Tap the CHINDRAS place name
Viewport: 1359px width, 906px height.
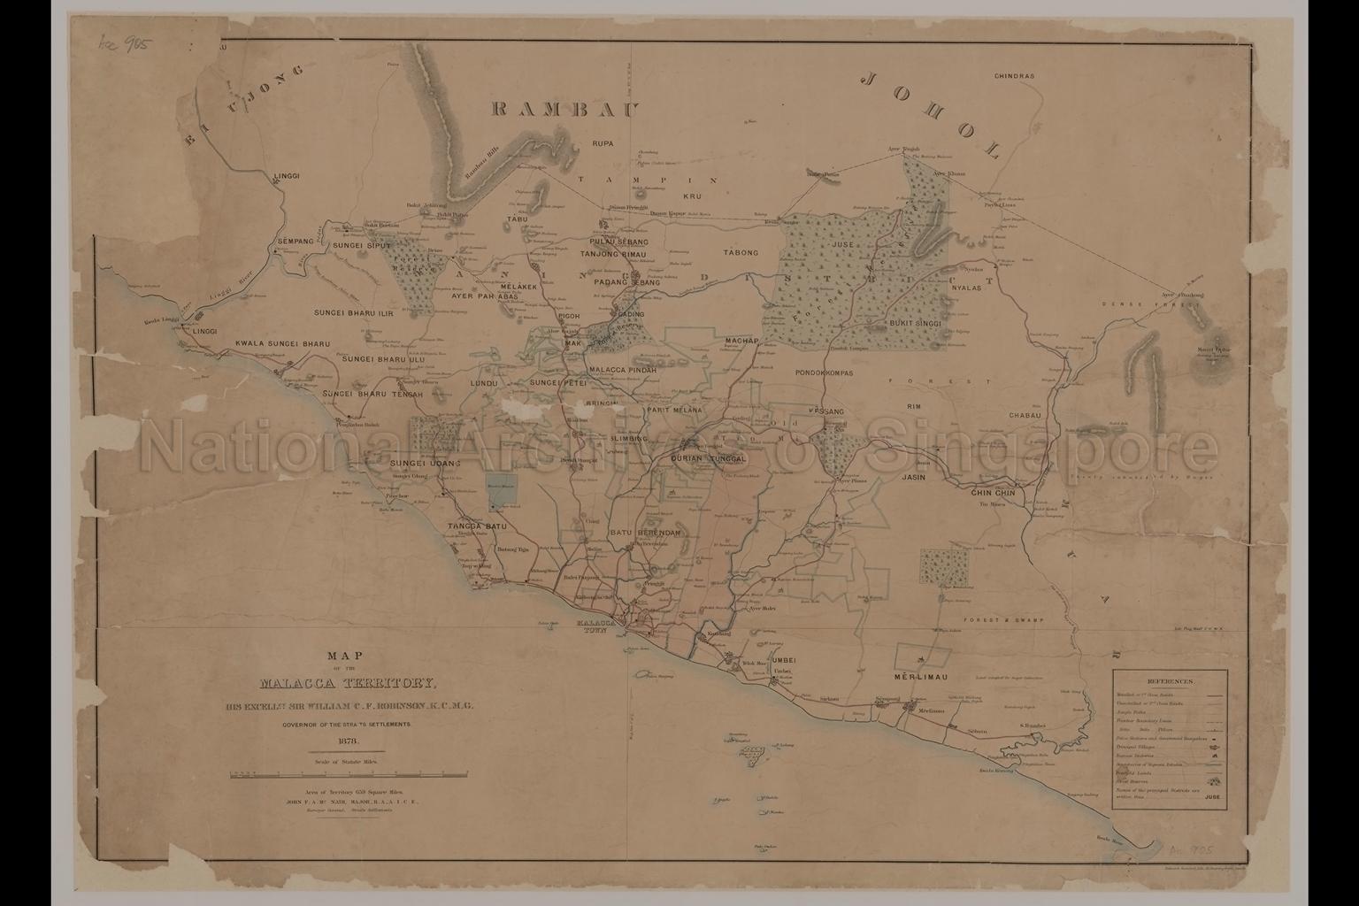(1014, 77)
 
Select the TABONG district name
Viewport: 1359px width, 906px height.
(741, 253)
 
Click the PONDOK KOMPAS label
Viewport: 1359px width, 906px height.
(824, 373)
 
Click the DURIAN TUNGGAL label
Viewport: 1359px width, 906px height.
(710, 459)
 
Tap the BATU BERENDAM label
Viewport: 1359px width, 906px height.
(644, 534)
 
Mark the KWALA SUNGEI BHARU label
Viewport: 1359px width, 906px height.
(281, 343)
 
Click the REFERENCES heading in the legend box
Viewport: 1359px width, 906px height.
(1170, 682)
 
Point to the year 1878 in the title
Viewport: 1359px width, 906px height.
(346, 741)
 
